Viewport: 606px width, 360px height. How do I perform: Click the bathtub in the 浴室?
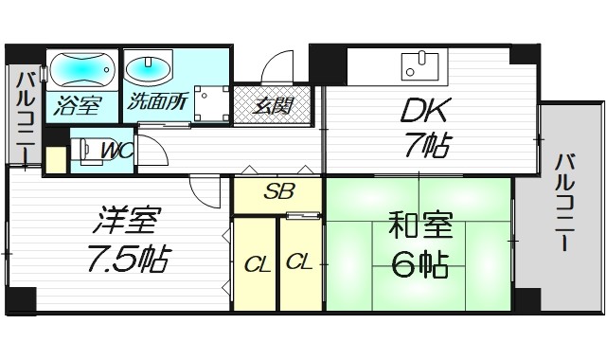(81, 69)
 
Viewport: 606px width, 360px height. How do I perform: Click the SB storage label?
(277, 192)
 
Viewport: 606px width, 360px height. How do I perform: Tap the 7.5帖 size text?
(129, 257)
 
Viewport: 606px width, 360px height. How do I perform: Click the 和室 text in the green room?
(420, 229)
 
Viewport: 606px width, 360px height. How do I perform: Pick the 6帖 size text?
(419, 266)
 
